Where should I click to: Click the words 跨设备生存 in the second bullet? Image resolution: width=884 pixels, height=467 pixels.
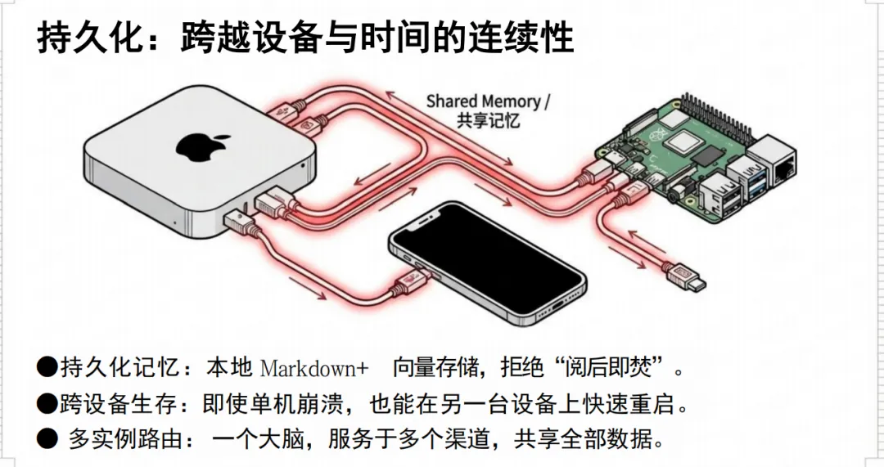coord(120,403)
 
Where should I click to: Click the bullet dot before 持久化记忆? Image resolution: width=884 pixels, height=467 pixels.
coord(46,367)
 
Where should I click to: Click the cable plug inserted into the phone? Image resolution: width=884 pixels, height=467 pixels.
coord(407,282)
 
